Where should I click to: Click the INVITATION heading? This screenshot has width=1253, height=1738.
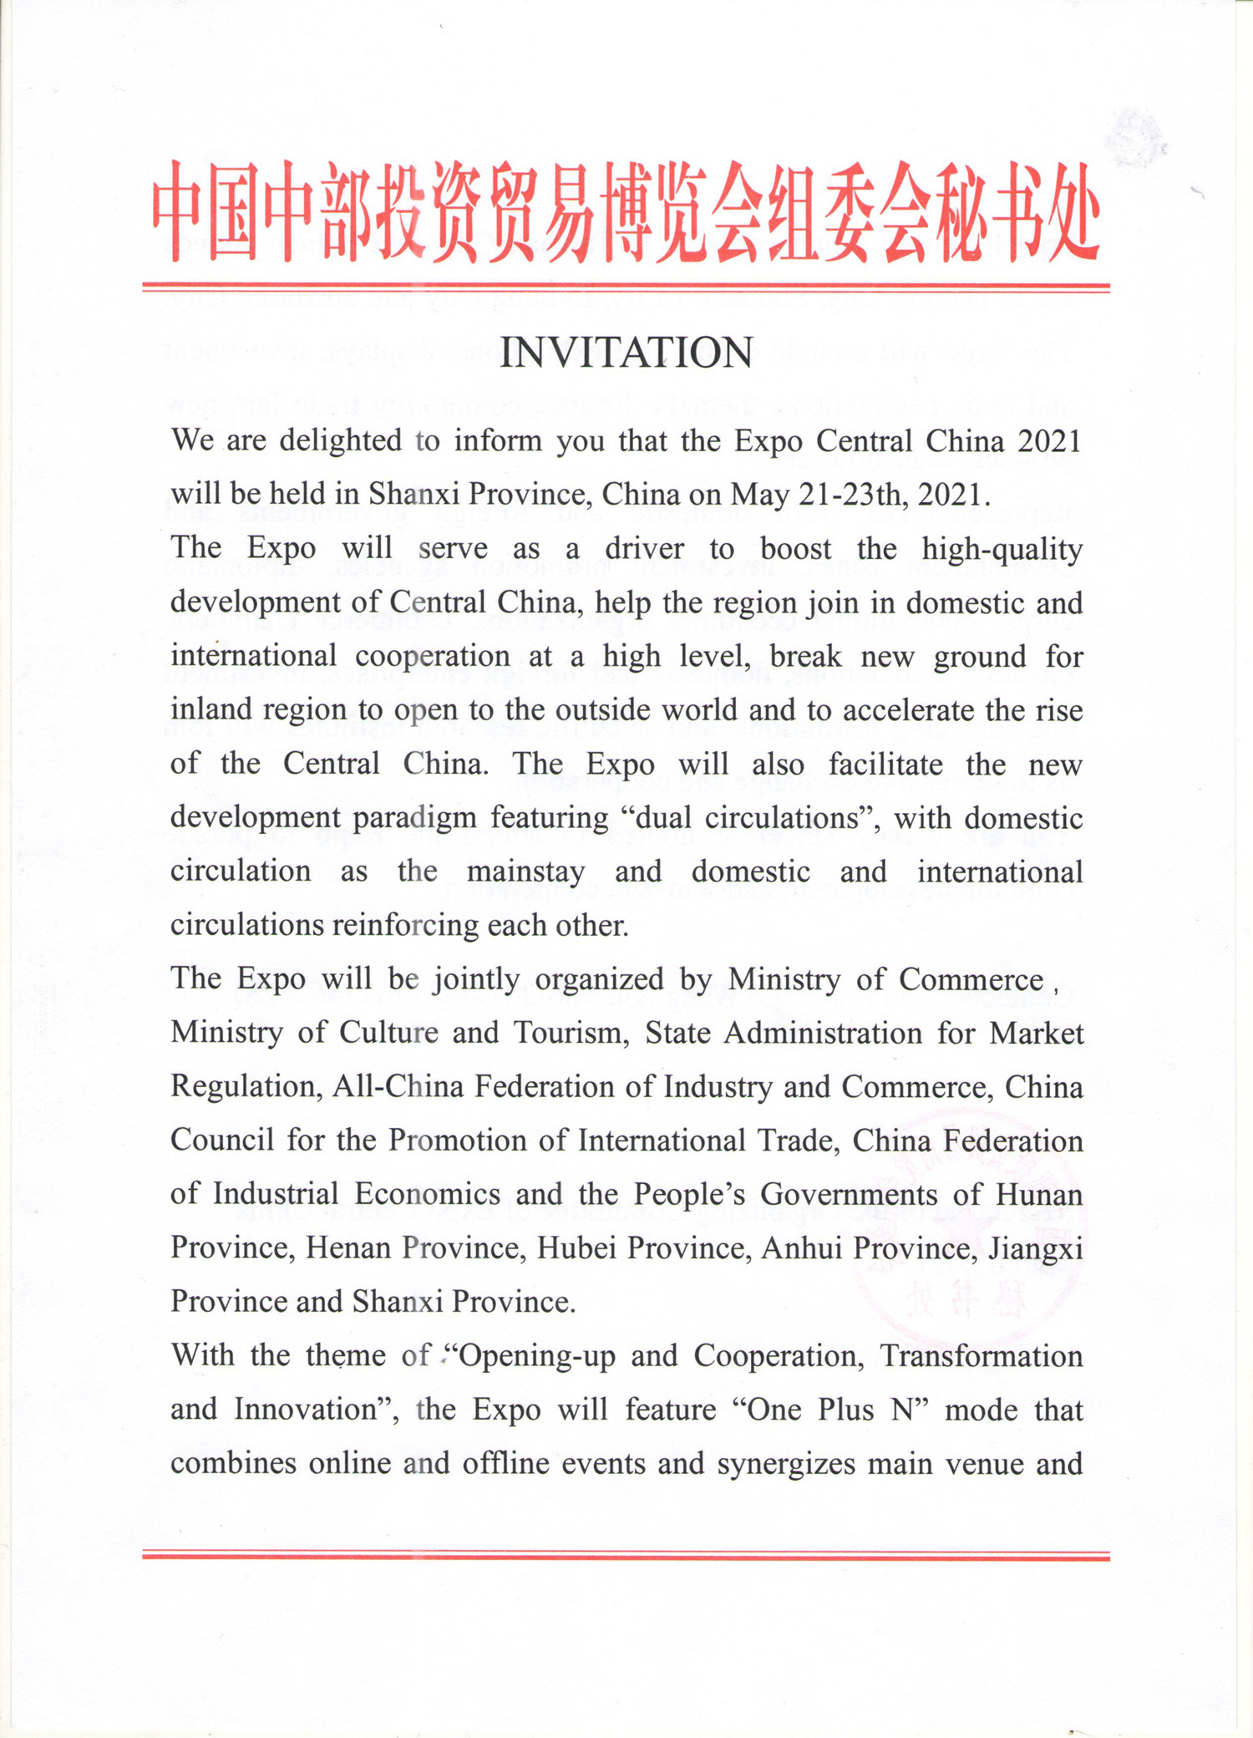point(626,353)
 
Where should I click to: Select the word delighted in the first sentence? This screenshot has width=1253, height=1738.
point(340,440)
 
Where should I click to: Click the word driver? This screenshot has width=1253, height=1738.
point(644,549)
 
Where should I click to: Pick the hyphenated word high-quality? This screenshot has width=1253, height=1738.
point(1002,550)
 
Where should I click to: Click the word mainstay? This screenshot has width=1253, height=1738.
point(525,872)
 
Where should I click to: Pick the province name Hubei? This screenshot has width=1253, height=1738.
point(576,1248)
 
